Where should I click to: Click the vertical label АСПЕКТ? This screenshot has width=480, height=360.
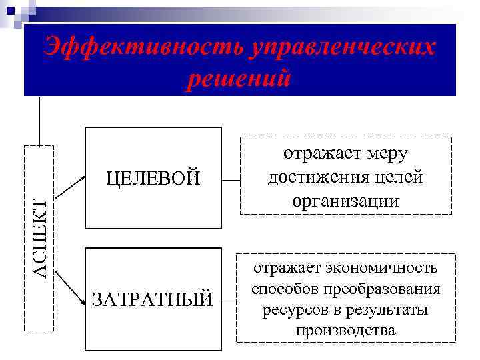(41, 238)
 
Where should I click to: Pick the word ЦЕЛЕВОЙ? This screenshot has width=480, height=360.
(153, 178)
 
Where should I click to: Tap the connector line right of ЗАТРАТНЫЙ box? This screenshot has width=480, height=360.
(229, 300)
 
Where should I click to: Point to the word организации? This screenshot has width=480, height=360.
(345, 200)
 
